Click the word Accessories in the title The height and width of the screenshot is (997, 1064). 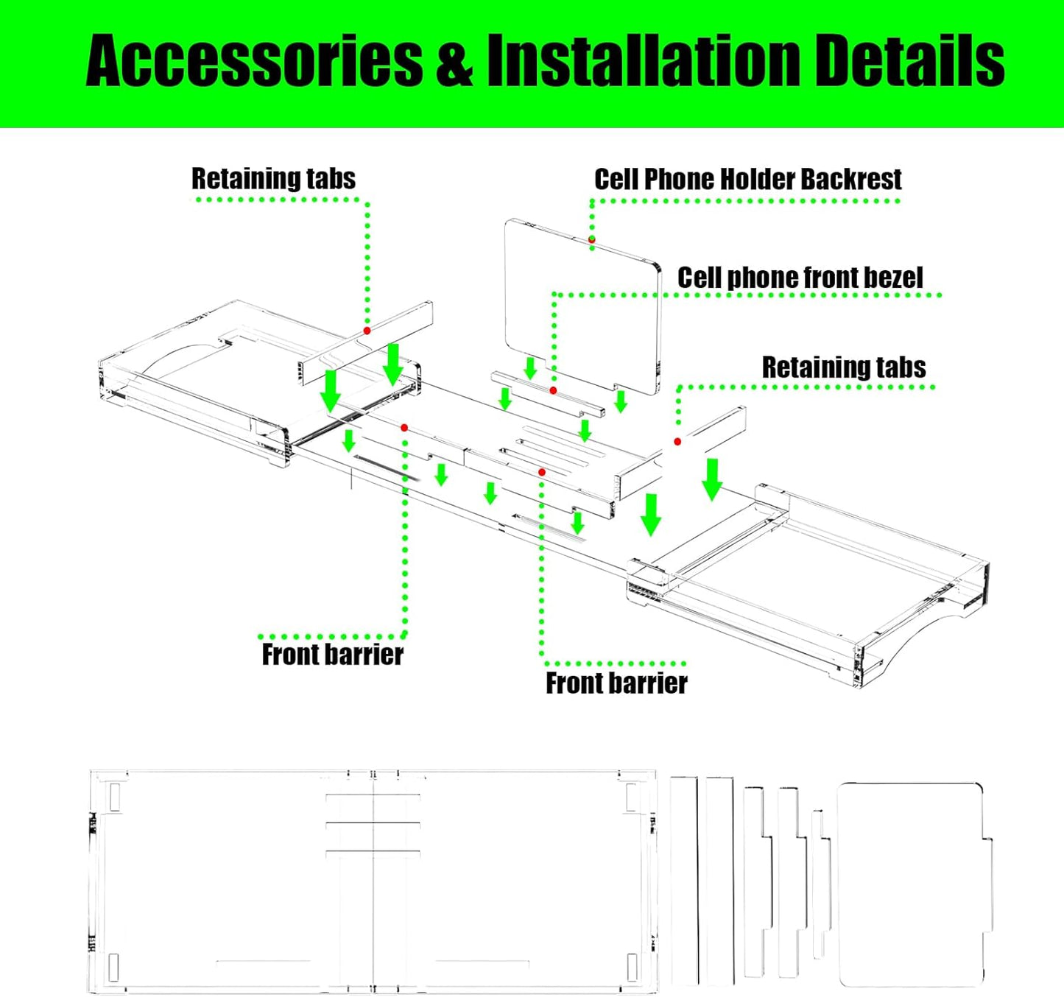click(254, 60)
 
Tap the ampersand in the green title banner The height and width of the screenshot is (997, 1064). click(454, 62)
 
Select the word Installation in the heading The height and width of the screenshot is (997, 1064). click(643, 60)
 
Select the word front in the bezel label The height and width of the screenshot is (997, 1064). click(820, 278)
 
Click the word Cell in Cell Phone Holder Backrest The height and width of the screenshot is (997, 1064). click(617, 179)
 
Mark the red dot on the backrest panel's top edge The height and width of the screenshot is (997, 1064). click(592, 240)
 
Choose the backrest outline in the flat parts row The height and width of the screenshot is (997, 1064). click(913, 884)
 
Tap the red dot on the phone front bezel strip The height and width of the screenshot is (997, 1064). click(553, 390)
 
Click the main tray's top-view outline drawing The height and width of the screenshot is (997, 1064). click(373, 881)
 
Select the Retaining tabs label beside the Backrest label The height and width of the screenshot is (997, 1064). click(273, 179)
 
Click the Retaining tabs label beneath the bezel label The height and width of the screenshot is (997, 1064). click(844, 367)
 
